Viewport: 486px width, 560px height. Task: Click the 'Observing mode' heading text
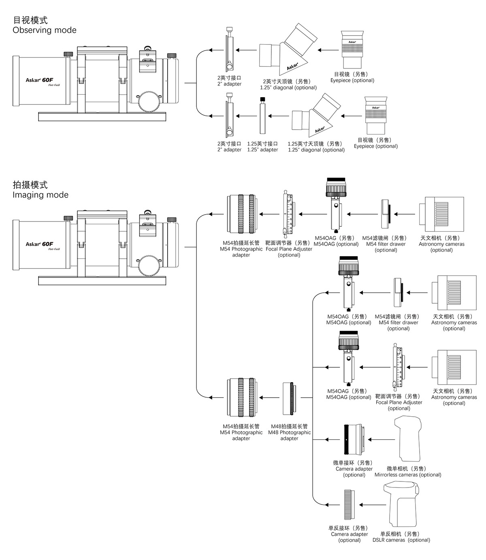pyautogui.click(x=45, y=30)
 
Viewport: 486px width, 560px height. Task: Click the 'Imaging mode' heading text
pyautogui.click(x=40, y=195)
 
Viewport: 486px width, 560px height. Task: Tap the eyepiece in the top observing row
pyautogui.click(x=352, y=49)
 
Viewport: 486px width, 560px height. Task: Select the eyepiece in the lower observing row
pyautogui.click(x=376, y=115)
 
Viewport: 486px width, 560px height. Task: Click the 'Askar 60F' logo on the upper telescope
pyautogui.click(x=39, y=80)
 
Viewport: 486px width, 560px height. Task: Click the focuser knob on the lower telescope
pyautogui.click(x=149, y=266)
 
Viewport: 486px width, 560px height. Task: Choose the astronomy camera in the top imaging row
pyautogui.click(x=442, y=214)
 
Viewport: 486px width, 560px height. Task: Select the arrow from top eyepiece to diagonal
pyautogui.click(x=328, y=50)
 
